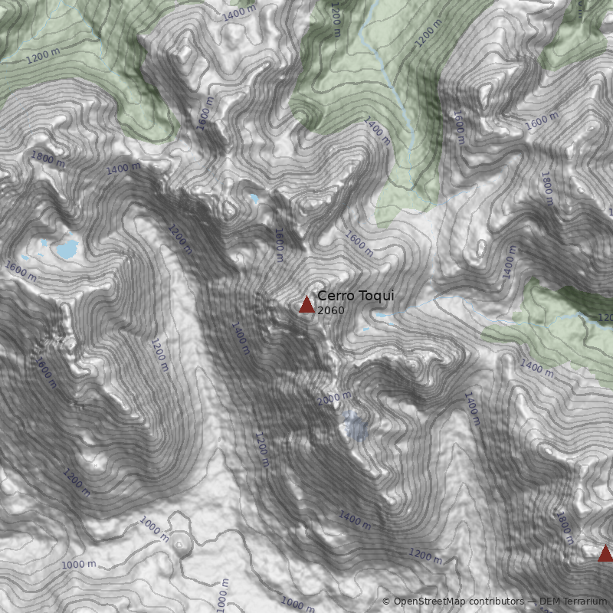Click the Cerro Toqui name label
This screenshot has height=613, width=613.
click(x=356, y=296)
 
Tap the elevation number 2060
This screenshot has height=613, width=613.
click(x=330, y=310)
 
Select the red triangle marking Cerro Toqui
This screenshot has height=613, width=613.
click(x=306, y=305)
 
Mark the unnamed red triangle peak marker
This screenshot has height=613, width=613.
click(x=605, y=553)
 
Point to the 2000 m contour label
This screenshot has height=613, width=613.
click(x=334, y=398)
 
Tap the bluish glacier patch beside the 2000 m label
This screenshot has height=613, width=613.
click(x=355, y=425)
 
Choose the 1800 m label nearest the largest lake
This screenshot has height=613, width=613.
click(x=48, y=159)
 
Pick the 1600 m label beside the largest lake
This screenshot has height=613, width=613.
click(x=21, y=270)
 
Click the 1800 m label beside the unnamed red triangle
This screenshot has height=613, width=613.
click(x=565, y=526)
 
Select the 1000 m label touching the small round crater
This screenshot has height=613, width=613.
click(x=154, y=528)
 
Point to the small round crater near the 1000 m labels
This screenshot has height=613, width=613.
click(x=182, y=544)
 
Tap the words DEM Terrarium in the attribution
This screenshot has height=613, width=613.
click(x=572, y=602)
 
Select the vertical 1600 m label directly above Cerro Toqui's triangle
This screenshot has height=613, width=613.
click(x=279, y=244)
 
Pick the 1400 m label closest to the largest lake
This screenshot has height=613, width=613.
click(x=123, y=168)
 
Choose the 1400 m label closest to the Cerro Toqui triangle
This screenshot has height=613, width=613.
click(x=241, y=337)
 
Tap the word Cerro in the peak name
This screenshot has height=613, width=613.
click(x=335, y=296)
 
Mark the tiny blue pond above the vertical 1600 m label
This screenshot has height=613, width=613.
click(x=254, y=199)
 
